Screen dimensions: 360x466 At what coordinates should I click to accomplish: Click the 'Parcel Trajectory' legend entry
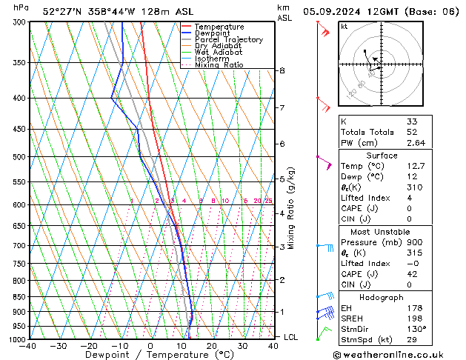pos(228,39)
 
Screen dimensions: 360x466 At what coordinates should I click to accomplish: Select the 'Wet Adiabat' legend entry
pos(219,52)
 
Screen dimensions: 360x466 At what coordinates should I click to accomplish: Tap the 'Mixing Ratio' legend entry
pos(219,65)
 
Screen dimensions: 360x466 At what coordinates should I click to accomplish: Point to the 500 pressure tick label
pos(16,157)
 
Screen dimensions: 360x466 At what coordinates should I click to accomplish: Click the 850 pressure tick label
pos(16,297)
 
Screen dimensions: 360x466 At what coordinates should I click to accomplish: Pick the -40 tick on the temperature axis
pos(28,346)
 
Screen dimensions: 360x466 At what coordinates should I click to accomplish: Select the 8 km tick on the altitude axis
pos(282,70)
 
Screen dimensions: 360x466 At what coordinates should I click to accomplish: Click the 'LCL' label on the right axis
pos(292,337)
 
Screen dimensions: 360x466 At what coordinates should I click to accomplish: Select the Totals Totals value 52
pos(411,132)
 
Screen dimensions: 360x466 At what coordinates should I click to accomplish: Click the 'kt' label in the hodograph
pos(344,27)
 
